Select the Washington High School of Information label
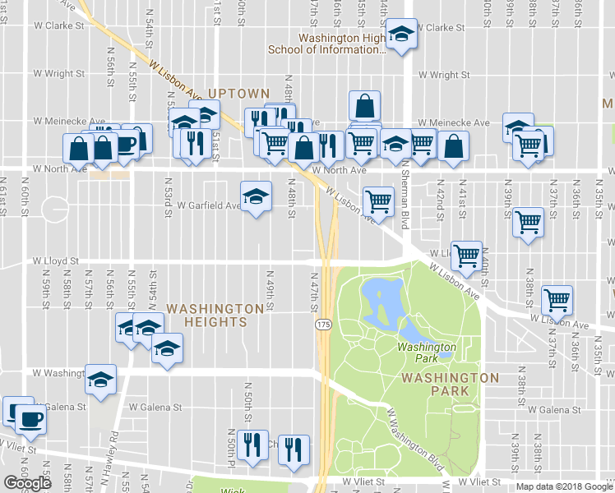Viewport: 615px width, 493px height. [327, 43]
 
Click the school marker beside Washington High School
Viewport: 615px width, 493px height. [400, 35]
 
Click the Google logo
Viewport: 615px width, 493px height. [27, 483]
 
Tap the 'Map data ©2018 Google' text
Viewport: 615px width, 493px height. [563, 486]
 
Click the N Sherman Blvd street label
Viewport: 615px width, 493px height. [405, 199]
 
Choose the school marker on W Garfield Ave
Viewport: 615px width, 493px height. [256, 196]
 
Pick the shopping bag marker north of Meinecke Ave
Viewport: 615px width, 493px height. [364, 105]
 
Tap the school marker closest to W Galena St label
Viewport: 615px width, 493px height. [101, 380]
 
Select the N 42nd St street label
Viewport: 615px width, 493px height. [440, 202]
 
